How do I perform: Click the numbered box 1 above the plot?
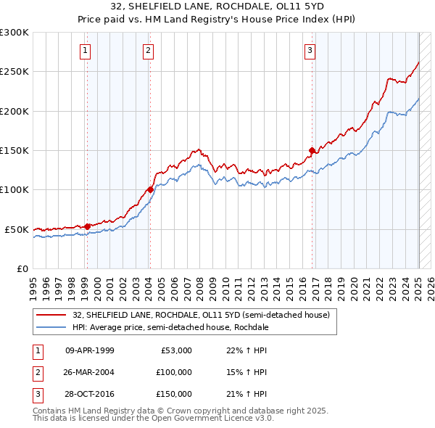tap(86, 51)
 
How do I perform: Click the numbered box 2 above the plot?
tap(148, 51)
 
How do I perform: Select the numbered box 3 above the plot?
tap(310, 51)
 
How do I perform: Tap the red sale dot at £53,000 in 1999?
tap(87, 226)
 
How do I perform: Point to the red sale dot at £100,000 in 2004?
tap(150, 189)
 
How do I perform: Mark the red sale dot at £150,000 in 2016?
tap(312, 150)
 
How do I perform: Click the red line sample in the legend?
tap(51, 315)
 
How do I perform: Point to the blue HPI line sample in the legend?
tap(51, 327)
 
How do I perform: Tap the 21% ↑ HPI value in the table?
tap(246, 394)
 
